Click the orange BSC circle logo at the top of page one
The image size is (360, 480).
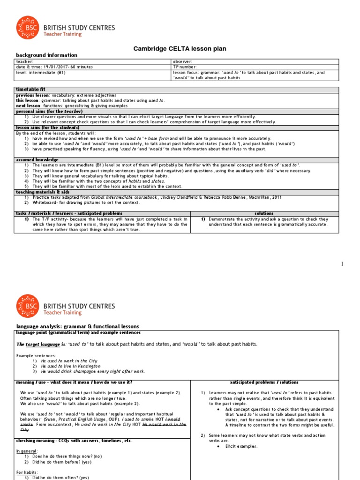coord(28,28)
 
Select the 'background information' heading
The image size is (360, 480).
coord(46,55)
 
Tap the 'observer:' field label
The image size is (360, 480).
coord(182,61)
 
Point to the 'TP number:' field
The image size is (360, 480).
coord(185,67)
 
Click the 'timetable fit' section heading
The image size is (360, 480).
coord(31,89)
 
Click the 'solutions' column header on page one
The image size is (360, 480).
coord(263,213)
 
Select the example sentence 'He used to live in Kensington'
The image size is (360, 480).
coord(71,366)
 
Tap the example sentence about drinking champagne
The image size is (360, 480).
coord(93,371)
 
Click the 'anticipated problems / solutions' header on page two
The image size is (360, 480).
coord(264,382)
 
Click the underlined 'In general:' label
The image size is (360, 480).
coord(27,450)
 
